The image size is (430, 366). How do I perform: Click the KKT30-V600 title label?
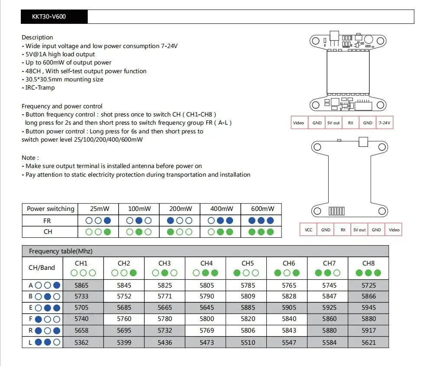point(49,17)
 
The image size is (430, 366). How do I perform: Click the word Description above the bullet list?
point(37,37)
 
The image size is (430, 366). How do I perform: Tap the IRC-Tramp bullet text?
point(40,87)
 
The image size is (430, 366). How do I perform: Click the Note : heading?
point(30,158)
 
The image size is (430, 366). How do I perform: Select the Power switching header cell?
point(50,209)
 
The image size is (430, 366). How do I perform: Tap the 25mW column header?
point(98,209)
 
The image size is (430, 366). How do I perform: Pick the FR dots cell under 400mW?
point(220,220)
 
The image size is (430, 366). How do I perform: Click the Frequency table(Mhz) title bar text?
point(61,251)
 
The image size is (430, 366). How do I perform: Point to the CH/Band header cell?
point(42,268)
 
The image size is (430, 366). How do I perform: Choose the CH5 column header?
point(247,263)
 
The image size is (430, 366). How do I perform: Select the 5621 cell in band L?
point(369,342)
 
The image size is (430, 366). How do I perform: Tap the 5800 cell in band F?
point(207,319)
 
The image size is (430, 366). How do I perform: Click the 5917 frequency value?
point(369,330)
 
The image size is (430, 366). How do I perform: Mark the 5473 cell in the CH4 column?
point(207,342)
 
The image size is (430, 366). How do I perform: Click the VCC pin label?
point(308,230)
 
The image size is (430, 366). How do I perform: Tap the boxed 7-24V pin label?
point(384,123)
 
